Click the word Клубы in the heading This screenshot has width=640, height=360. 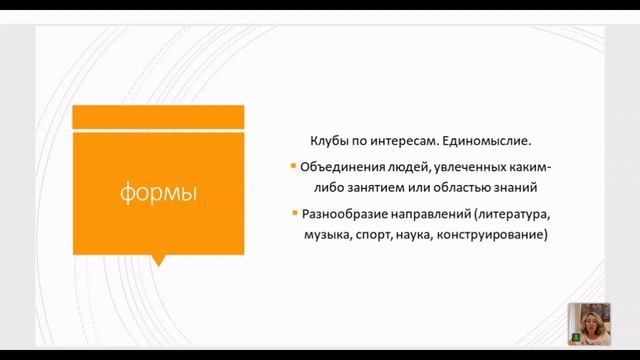[x=331, y=142]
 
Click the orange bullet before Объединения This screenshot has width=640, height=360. [x=292, y=166]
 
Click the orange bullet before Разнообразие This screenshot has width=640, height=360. [x=292, y=214]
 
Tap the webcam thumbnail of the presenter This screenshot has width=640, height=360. [x=588, y=324]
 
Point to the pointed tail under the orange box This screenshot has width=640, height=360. [x=158, y=260]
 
